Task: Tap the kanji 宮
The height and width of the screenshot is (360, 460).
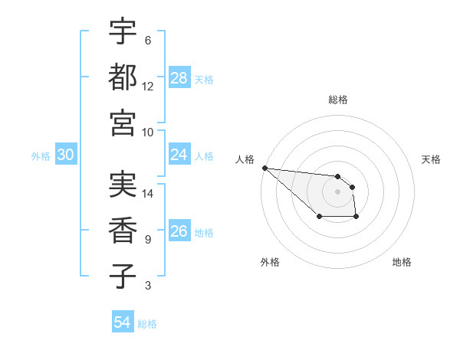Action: (x=123, y=122)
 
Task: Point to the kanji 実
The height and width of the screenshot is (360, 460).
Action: (x=123, y=185)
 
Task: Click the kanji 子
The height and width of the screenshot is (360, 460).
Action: (x=123, y=276)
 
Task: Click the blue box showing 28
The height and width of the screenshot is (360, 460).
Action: (x=179, y=78)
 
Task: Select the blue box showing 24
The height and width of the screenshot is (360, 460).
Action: (x=179, y=155)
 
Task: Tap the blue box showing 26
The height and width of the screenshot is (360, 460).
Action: (x=179, y=231)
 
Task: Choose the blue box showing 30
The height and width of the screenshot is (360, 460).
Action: (x=66, y=155)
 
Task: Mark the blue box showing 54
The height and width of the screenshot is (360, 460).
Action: (x=123, y=322)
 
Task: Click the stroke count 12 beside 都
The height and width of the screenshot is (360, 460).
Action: (x=148, y=86)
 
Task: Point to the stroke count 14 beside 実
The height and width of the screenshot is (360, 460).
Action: (x=148, y=194)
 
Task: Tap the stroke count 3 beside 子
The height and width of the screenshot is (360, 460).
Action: (x=148, y=286)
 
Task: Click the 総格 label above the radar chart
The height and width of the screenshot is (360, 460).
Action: (x=338, y=100)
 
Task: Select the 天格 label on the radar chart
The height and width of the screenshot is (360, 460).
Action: (x=432, y=159)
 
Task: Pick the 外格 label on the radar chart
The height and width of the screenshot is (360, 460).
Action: (x=270, y=262)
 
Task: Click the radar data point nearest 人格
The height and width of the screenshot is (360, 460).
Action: (x=264, y=168)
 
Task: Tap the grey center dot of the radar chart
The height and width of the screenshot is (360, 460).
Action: (x=338, y=191)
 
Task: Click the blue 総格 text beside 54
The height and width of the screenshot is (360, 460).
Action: (x=147, y=324)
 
